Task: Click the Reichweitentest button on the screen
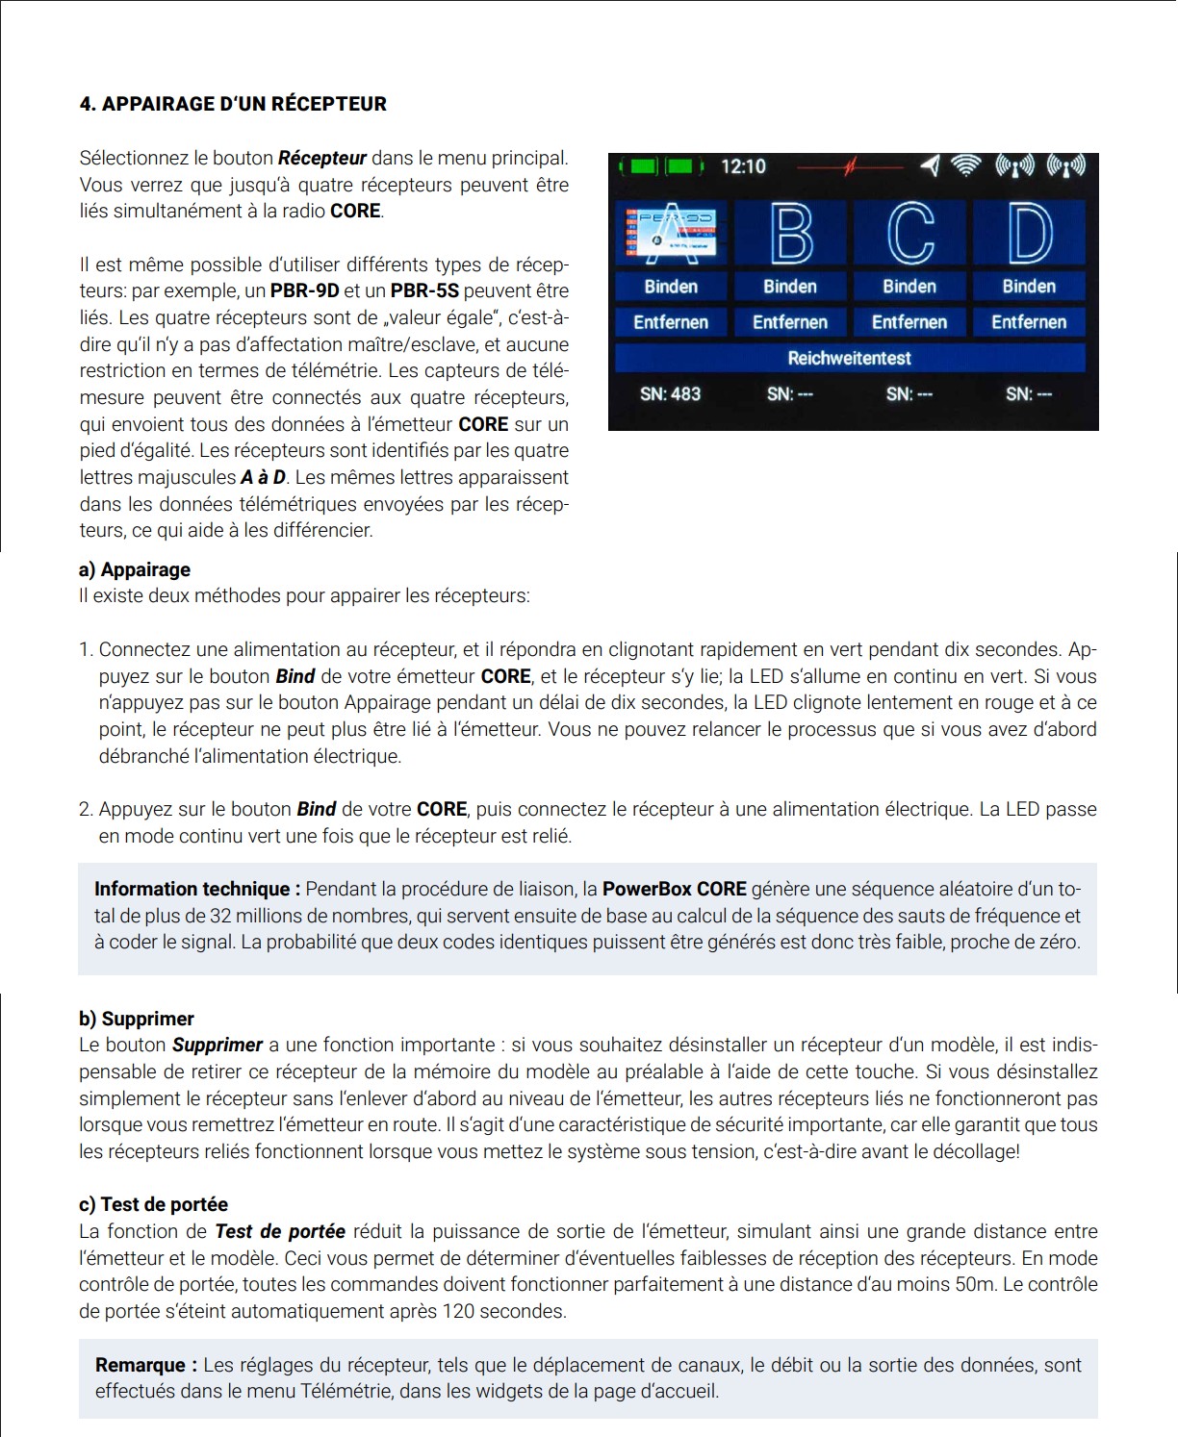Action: (850, 358)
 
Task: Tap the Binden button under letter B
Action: (790, 287)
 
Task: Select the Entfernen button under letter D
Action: (1029, 322)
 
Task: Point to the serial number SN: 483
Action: (671, 393)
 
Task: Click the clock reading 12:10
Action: (743, 166)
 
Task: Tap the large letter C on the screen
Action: (909, 233)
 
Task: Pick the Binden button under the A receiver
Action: (671, 287)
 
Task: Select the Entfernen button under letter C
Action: (909, 322)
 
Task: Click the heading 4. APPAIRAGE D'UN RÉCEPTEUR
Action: (233, 104)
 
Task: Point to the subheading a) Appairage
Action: (135, 569)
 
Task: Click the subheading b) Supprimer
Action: (137, 1019)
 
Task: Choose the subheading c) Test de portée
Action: (154, 1204)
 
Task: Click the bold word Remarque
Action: (146, 1365)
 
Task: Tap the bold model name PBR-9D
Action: (304, 290)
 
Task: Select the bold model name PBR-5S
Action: (424, 290)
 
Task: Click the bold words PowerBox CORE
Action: (675, 889)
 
